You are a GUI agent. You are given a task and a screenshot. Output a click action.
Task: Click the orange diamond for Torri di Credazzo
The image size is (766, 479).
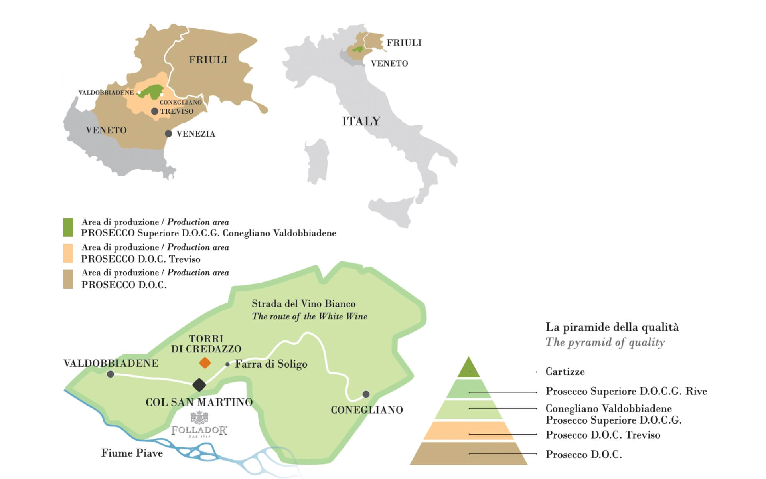(x=205, y=363)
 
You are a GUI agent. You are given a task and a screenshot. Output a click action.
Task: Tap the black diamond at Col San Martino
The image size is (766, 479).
(x=199, y=385)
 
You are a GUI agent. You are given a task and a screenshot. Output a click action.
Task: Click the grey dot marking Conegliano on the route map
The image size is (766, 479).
(x=366, y=394)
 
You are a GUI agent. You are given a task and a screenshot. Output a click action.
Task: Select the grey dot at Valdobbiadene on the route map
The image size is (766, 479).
(x=111, y=374)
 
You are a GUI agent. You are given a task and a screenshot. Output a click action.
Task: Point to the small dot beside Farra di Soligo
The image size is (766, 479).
(x=227, y=364)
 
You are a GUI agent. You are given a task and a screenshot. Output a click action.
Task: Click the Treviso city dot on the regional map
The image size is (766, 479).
(x=155, y=111)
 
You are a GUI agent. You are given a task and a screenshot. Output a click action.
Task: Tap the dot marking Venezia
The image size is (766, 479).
(x=168, y=134)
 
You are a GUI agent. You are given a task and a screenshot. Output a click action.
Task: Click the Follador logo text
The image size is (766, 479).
(x=199, y=430)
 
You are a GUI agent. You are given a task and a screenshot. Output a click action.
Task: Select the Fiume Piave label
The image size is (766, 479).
(x=132, y=453)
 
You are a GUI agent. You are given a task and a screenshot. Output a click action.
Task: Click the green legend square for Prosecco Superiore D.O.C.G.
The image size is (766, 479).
(x=68, y=227)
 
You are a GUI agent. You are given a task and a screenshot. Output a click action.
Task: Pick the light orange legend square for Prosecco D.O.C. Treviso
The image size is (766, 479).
(x=68, y=253)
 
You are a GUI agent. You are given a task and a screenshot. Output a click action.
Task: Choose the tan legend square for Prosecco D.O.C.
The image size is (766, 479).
(x=68, y=279)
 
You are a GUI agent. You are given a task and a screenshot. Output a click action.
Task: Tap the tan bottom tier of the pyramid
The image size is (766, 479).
(x=468, y=454)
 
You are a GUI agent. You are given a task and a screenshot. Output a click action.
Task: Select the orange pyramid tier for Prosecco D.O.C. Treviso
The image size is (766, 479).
(x=468, y=431)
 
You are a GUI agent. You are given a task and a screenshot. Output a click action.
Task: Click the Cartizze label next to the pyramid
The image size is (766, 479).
(x=565, y=372)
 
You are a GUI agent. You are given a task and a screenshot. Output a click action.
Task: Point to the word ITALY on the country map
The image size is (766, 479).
(x=361, y=121)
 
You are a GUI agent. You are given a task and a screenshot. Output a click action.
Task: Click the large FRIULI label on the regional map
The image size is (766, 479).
(x=208, y=60)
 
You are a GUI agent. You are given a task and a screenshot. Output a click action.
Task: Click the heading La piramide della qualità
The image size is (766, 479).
(x=612, y=327)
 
